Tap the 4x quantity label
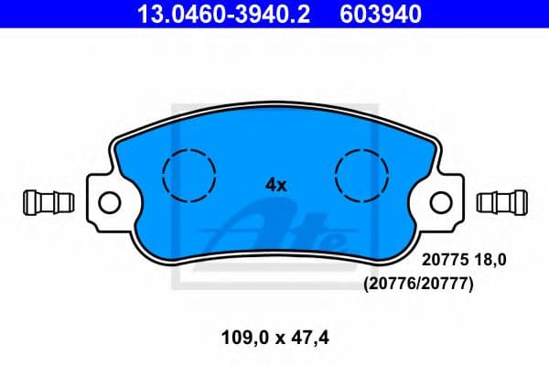coord(275,184)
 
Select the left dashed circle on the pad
coord(188,173)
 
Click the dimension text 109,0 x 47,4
coord(274,339)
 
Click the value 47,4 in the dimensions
coord(310,339)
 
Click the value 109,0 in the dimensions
coord(240,339)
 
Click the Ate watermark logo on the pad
coord(274,227)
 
